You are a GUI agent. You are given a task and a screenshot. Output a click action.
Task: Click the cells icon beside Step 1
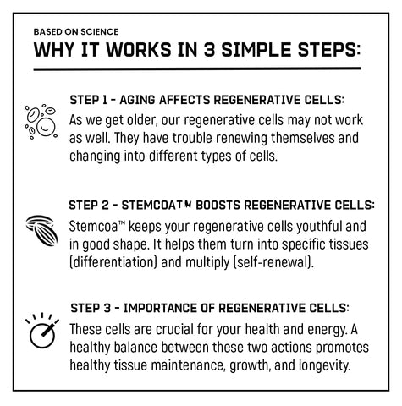pyautogui.click(x=41, y=122)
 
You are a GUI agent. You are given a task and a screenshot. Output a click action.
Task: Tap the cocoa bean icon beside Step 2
pyautogui.click(x=42, y=230)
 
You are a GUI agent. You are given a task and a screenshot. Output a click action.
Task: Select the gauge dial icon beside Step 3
pyautogui.click(x=42, y=331)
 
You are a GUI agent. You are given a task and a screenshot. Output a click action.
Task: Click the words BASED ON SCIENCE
pyautogui.click(x=76, y=31)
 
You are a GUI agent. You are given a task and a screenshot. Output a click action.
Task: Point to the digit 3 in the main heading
pyautogui.click(x=209, y=50)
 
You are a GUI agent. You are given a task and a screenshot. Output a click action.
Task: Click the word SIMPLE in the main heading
pyautogui.click(x=256, y=50)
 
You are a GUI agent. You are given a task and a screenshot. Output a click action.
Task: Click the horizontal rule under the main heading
pyautogui.click(x=197, y=69)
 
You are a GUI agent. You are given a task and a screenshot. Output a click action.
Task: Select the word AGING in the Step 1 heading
pyautogui.click(x=137, y=100)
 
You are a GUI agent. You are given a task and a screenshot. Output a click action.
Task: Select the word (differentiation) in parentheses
pyautogui.click(x=113, y=262)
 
